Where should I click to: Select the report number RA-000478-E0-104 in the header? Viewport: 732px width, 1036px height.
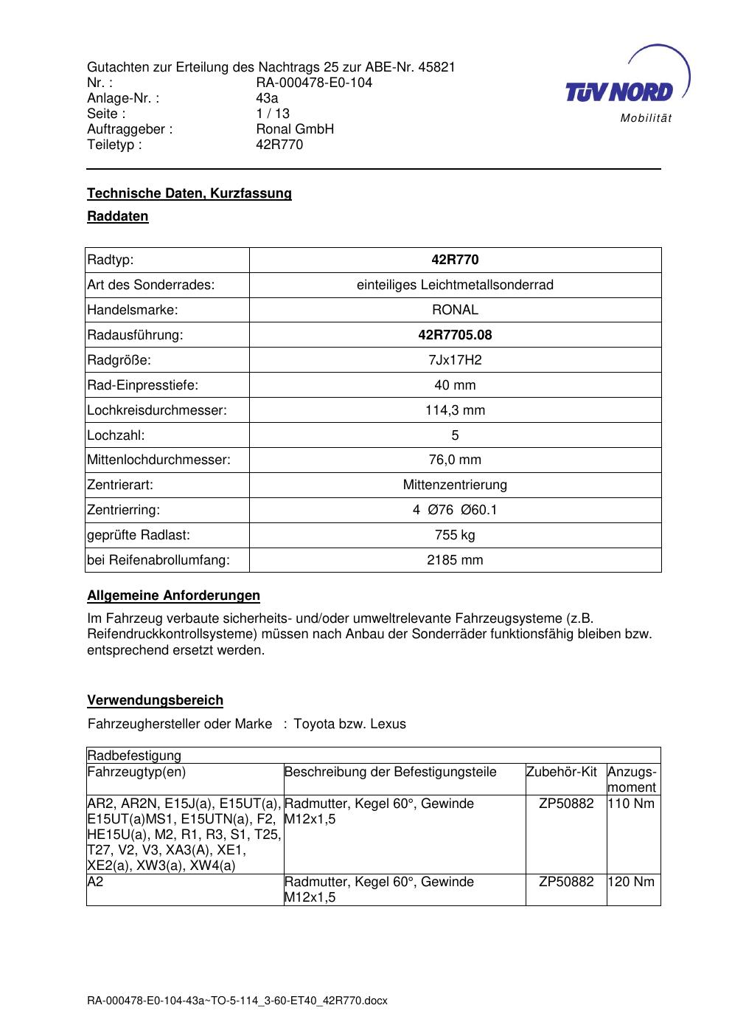pyautogui.click(x=314, y=83)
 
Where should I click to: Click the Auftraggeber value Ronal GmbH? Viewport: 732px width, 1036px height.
pyautogui.click(x=295, y=129)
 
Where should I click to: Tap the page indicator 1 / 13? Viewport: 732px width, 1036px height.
pyautogui.click(x=273, y=114)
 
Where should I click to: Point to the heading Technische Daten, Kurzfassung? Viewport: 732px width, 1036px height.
pyautogui.click(x=189, y=193)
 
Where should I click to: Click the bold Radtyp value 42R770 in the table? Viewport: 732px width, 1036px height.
pyautogui.click(x=455, y=260)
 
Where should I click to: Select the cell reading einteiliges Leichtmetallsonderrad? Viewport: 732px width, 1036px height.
pyautogui.click(x=455, y=285)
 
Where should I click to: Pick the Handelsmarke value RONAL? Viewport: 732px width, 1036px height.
pyautogui.click(x=455, y=310)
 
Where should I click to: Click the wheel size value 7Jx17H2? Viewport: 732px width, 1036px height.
pyautogui.click(x=455, y=360)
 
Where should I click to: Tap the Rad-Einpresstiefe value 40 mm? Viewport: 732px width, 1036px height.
pyautogui.click(x=455, y=385)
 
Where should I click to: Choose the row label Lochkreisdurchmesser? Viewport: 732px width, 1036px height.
pyautogui.click(x=157, y=410)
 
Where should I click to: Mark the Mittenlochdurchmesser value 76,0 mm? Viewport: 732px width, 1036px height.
pyautogui.click(x=455, y=460)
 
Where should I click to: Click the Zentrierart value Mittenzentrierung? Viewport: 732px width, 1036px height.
pyautogui.click(x=455, y=485)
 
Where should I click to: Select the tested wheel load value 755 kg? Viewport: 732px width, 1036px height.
pyautogui.click(x=455, y=535)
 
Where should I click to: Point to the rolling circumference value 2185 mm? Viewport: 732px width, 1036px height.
pyautogui.click(x=455, y=560)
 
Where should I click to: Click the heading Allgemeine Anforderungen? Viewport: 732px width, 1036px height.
pyautogui.click(x=173, y=595)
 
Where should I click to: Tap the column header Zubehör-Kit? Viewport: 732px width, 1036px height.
pyautogui.click(x=561, y=772)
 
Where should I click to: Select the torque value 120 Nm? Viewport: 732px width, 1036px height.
pyautogui.click(x=631, y=882)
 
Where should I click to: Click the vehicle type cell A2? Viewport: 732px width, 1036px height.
pyautogui.click(x=96, y=882)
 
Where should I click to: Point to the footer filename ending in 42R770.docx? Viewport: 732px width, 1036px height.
pyautogui.click(x=237, y=1001)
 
